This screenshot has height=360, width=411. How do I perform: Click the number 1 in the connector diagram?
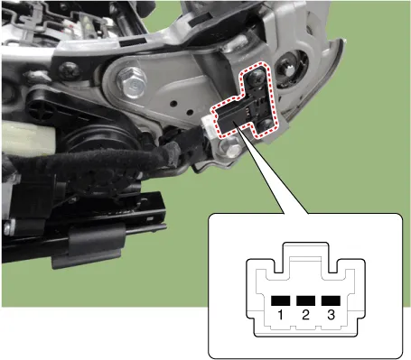click(280, 315)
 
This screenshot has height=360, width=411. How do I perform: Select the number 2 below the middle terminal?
click(305, 315)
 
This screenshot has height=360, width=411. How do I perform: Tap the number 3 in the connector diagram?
click(331, 315)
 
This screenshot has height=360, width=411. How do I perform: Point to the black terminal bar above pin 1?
click(280, 300)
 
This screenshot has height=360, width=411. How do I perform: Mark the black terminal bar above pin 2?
click(305, 300)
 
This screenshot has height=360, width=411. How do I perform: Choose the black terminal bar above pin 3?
click(331, 300)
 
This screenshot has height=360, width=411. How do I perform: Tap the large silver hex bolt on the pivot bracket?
click(131, 81)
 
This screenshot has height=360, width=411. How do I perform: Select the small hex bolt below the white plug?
click(229, 147)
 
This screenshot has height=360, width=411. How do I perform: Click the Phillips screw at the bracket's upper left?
click(70, 70)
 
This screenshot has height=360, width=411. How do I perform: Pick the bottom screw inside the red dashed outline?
click(265, 125)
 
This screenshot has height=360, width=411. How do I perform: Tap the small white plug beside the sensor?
click(208, 125)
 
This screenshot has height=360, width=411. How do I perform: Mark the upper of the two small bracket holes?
click(174, 104)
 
